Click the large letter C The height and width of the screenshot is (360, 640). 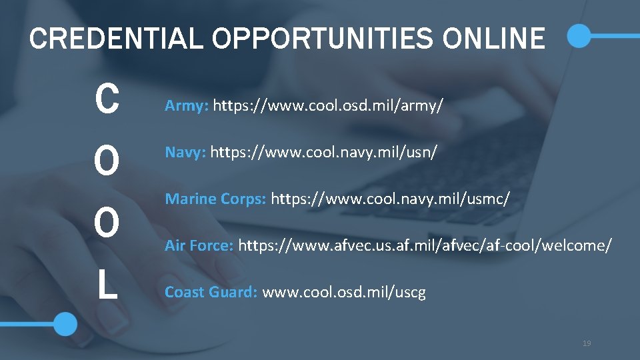click(x=107, y=100)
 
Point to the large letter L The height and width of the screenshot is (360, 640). click(x=107, y=284)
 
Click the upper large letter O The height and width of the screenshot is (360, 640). click(x=107, y=161)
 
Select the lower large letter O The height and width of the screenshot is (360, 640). click(x=107, y=223)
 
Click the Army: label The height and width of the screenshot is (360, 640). click(x=187, y=105)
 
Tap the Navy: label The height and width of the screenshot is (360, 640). click(x=186, y=153)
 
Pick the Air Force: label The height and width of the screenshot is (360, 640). click(x=199, y=245)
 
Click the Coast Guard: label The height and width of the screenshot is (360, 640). click(x=211, y=292)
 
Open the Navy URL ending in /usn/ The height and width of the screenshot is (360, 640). click(x=324, y=153)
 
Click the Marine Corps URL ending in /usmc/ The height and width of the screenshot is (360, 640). click(x=391, y=199)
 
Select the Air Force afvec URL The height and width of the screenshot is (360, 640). click(x=425, y=245)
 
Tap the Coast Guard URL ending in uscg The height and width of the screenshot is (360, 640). click(x=344, y=292)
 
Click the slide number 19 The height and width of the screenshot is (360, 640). click(x=587, y=343)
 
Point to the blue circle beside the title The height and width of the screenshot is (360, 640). click(x=579, y=36)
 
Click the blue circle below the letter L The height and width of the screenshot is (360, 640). click(x=65, y=324)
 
